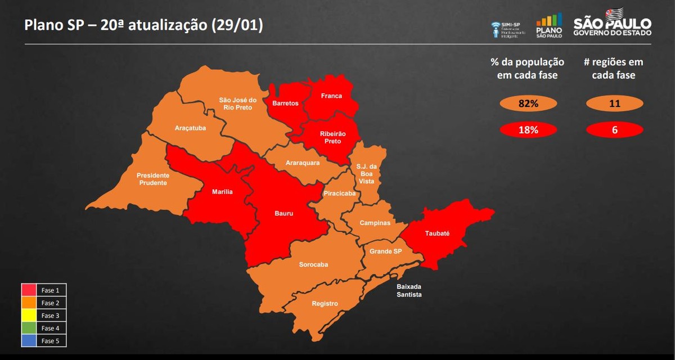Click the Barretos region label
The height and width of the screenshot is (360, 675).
tap(285, 103)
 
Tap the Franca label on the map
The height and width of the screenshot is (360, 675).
tap(331, 96)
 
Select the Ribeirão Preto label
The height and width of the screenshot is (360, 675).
tap(332, 137)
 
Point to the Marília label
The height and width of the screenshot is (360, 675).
tap(222, 192)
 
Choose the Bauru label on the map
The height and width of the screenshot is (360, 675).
tap(283, 214)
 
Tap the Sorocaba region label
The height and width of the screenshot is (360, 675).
tap(313, 264)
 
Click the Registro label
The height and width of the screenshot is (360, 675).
tap(325, 304)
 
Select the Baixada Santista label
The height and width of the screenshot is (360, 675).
tap(409, 290)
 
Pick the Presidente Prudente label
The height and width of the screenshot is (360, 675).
tap(153, 179)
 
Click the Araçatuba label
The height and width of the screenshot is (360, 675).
tap(190, 128)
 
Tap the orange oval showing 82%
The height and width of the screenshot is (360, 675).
tap(528, 103)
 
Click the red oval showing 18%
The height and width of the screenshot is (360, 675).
tap(528, 130)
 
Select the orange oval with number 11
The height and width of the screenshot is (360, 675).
tap(614, 103)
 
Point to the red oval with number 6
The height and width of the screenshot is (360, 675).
tap(614, 130)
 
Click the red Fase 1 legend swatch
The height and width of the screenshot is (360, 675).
tap(29, 290)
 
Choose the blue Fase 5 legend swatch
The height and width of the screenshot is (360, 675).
tap(29, 341)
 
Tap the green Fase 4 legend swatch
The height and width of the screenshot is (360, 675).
tap(29, 328)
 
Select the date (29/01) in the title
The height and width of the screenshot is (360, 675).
tap(237, 26)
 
